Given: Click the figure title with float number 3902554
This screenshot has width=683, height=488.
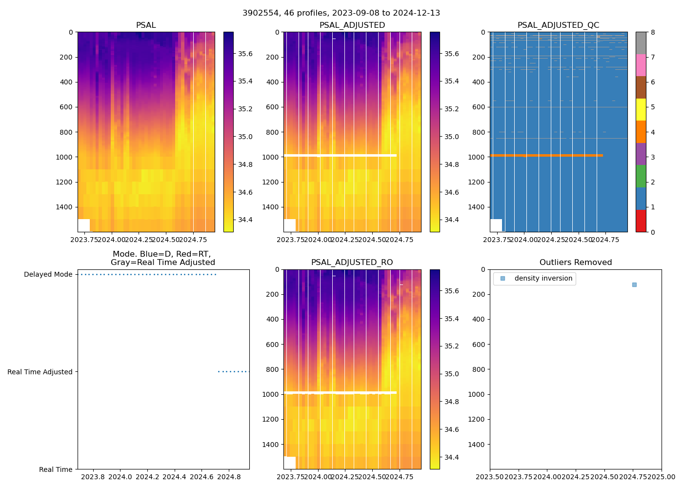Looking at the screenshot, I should [341, 13].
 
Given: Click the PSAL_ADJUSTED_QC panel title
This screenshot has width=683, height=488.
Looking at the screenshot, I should [558, 25].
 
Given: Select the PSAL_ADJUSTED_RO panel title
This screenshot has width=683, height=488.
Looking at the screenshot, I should [352, 263].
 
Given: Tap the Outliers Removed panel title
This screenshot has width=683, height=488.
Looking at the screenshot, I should [575, 263].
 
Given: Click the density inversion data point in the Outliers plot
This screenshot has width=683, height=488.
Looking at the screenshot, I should [634, 285].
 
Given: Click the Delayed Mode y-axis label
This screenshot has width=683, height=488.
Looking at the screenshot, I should [48, 275].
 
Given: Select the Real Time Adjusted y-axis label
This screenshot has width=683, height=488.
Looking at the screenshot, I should [40, 372].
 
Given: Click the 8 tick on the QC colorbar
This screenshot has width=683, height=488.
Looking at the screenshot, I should [653, 33].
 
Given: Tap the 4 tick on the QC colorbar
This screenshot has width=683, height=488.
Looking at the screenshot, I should [653, 132].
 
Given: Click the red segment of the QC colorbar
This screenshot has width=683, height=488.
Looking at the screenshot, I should [641, 221].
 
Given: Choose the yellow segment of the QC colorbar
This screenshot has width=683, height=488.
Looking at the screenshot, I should [641, 109].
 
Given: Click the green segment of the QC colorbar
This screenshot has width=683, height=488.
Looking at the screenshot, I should [641, 176].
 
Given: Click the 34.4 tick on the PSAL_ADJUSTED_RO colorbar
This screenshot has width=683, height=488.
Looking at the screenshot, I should [451, 457].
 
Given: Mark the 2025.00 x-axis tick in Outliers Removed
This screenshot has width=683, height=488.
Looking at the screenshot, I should [662, 477].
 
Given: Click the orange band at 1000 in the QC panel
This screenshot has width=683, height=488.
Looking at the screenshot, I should [546, 155].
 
